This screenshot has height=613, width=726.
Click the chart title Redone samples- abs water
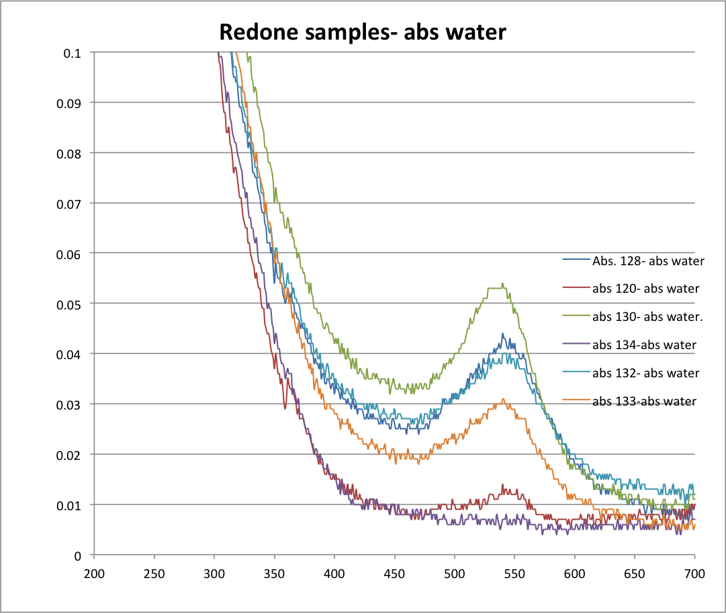(x=362, y=32)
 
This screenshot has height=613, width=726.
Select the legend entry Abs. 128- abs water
(x=648, y=261)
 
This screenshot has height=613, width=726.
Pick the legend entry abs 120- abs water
(x=645, y=289)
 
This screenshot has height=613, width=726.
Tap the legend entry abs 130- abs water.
(x=647, y=316)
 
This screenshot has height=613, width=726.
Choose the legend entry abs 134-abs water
(x=643, y=345)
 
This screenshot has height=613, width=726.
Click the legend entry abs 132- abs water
(x=645, y=373)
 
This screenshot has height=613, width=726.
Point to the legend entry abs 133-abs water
(x=643, y=401)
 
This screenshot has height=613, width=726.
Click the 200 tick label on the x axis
(x=94, y=575)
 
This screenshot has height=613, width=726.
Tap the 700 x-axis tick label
(x=694, y=575)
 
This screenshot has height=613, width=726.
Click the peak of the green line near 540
(x=502, y=284)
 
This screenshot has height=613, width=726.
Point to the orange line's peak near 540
(x=504, y=399)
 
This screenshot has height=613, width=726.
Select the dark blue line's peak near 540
(x=502, y=334)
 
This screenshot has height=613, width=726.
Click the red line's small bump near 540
(x=502, y=485)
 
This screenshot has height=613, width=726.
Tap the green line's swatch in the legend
(x=576, y=316)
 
